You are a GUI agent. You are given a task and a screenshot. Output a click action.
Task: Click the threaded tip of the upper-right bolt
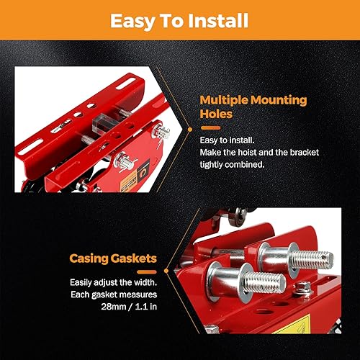click(x=318, y=258)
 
